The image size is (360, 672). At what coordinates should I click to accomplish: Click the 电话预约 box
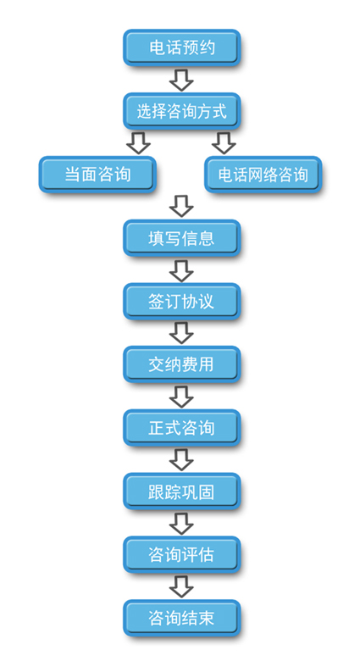(181, 47)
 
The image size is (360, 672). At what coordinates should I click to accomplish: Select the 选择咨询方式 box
(181, 111)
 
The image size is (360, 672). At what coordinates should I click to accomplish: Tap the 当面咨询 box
(97, 174)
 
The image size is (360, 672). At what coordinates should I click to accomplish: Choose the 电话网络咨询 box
(263, 174)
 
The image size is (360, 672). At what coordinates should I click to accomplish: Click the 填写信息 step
(181, 238)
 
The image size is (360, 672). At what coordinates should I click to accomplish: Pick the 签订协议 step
(181, 302)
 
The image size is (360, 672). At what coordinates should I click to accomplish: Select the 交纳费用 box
(181, 364)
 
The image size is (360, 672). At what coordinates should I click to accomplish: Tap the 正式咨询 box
(181, 428)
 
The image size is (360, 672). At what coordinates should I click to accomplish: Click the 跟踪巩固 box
(181, 492)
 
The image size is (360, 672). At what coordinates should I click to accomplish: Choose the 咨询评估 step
(181, 554)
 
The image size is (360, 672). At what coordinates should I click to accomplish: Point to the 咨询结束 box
(181, 618)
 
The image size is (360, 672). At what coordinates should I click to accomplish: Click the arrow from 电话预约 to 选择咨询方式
(181, 80)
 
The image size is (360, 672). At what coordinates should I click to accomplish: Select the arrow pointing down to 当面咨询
(138, 142)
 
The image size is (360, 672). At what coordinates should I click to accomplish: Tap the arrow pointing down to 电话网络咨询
(224, 142)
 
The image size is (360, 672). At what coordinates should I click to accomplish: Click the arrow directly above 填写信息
(181, 206)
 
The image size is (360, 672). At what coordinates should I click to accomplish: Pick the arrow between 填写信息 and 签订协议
(181, 269)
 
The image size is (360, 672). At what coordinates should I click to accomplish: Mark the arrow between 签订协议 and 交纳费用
(181, 333)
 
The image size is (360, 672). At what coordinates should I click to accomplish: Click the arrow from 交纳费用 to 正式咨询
(181, 397)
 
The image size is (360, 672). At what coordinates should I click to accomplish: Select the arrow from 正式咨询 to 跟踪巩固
(181, 460)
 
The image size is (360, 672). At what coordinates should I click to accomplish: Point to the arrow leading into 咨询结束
(181, 586)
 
